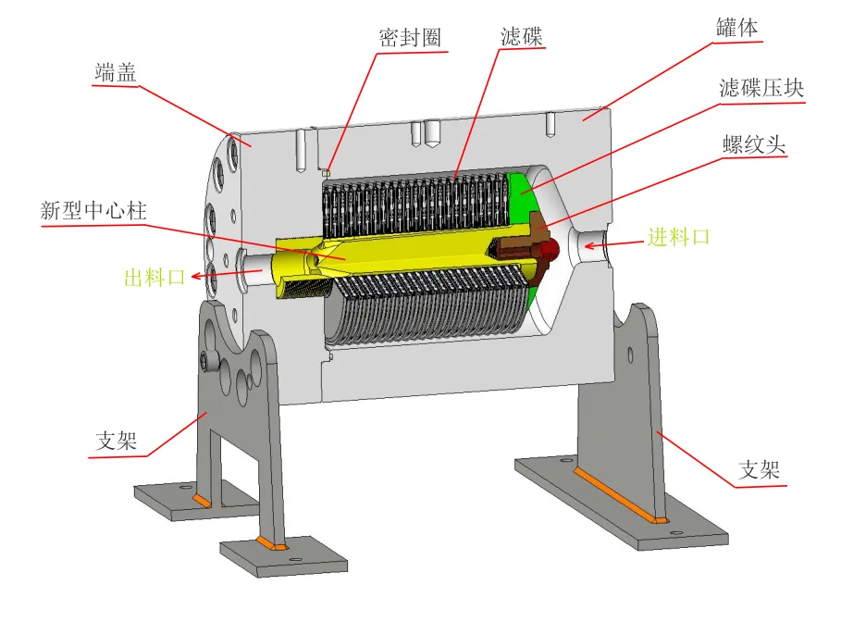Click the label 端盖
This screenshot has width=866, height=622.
[x=116, y=72]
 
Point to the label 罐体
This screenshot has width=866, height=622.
[x=736, y=28]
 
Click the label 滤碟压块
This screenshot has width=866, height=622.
[x=761, y=88]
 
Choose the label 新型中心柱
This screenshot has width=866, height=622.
[x=93, y=210]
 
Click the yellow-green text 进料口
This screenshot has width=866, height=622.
[x=678, y=237]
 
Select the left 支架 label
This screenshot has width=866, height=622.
[x=116, y=441]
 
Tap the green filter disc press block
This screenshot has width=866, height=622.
[x=522, y=190]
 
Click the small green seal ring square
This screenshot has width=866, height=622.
[x=327, y=170]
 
